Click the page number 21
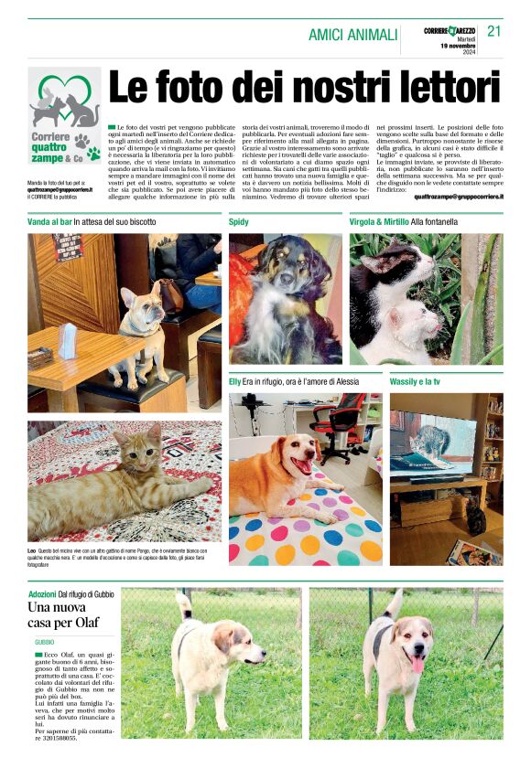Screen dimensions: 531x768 click(494, 31)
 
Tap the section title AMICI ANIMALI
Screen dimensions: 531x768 click(352, 35)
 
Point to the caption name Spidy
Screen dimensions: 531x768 click(239, 222)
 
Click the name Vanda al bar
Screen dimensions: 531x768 click(49, 222)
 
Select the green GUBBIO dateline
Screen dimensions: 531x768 click(45, 644)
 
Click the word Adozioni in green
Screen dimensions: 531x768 click(42, 594)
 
